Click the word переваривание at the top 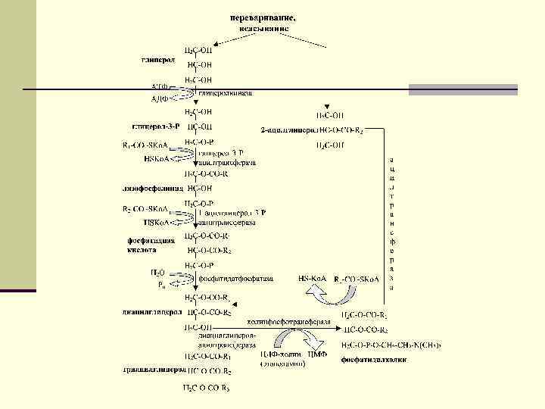pos(264,16)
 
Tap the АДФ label pos(160,98)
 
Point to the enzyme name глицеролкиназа pos(226,93)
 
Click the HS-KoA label pos(312,279)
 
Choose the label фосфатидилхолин pos(374,360)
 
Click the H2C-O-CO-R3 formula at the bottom pos(206,388)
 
